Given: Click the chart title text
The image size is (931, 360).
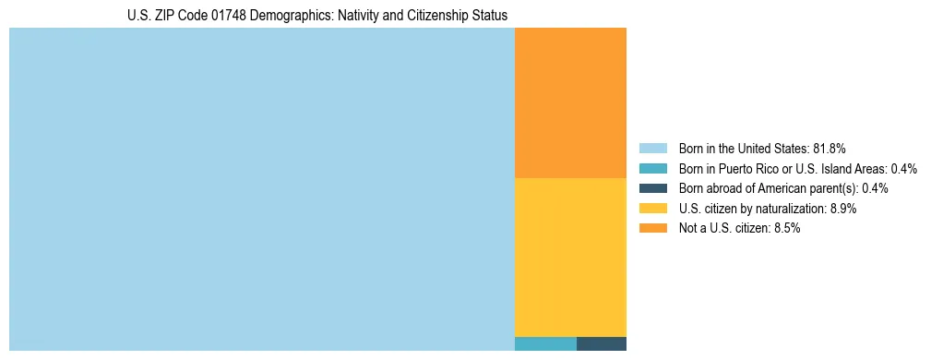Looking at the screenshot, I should [317, 16].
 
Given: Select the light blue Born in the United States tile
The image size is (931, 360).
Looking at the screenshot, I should [261, 189].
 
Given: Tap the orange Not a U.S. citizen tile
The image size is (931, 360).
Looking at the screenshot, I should [570, 102].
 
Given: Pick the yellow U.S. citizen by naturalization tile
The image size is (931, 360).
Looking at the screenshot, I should [570, 257].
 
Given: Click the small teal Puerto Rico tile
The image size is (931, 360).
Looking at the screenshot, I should [545, 344].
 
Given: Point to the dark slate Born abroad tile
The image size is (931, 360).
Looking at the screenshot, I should [602, 344].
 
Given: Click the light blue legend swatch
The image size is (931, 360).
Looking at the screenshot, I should [652, 149].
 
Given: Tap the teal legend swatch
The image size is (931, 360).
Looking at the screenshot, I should [652, 169].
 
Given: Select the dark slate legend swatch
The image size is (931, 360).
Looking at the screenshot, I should [652, 188].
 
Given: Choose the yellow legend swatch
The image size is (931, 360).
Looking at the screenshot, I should [652, 209].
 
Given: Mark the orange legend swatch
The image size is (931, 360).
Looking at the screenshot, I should [652, 228].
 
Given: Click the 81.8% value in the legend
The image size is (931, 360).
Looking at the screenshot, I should [830, 149].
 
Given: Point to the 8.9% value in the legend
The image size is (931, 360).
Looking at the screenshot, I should [842, 209].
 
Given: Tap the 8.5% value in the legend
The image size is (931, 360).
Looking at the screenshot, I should [785, 228].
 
